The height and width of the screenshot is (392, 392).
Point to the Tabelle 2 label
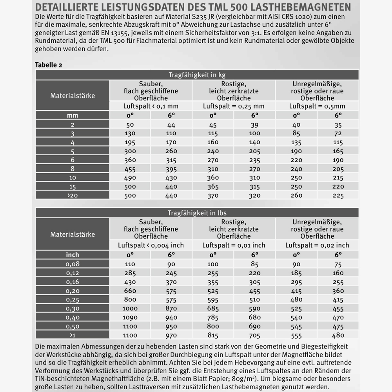point(48,65)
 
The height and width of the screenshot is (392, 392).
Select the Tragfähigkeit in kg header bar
point(197,75)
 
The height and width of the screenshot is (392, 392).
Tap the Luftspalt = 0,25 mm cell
point(234,106)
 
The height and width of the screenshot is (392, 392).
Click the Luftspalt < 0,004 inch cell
point(151,245)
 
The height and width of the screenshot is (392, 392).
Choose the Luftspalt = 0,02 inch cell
point(317,245)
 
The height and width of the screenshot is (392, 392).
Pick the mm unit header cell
point(73,115)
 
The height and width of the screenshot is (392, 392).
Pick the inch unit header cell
point(73,254)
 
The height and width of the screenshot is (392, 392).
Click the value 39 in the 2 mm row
point(254,125)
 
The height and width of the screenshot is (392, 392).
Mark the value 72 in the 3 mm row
point(338,134)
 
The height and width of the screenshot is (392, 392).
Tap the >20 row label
point(73,195)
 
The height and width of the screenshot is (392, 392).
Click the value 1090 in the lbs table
point(130,317)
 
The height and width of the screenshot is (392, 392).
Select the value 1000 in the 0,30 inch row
point(130,309)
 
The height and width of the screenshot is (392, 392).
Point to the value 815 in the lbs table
point(213,335)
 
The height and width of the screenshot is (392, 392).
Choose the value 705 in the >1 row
point(254,335)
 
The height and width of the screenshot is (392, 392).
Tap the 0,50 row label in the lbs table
point(73,326)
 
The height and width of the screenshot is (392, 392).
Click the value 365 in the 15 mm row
point(213,187)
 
